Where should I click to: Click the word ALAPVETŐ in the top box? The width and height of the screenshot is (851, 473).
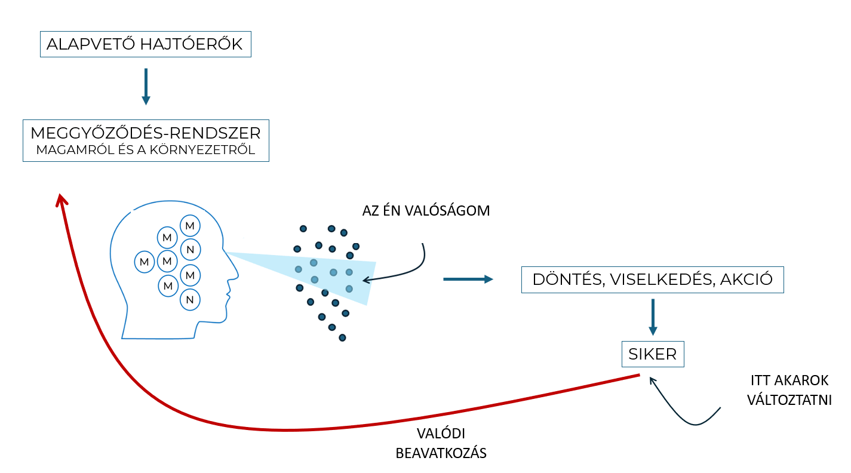87,44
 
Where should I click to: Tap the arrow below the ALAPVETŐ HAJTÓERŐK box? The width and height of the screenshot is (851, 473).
146,87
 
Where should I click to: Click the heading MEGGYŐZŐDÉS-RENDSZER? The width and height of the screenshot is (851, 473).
146,133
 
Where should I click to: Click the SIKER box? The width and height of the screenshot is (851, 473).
653,354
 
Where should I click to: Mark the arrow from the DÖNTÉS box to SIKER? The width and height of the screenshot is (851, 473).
653,317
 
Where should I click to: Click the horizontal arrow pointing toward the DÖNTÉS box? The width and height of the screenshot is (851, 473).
468,279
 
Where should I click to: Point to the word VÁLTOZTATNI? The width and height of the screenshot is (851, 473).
789,400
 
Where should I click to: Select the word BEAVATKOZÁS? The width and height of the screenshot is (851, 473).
441,453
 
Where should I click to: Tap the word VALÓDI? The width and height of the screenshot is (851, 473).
441,434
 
